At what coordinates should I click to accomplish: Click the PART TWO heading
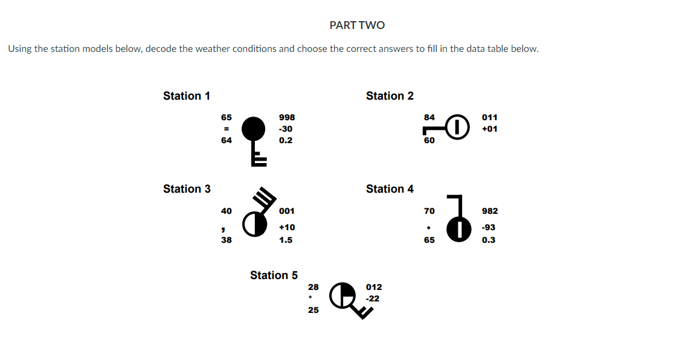click(357, 25)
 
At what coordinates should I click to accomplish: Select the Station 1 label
click(187, 95)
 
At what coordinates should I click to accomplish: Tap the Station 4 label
click(390, 188)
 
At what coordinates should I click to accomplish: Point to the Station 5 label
click(274, 275)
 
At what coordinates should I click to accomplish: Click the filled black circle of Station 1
click(253, 128)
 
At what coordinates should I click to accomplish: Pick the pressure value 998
click(287, 117)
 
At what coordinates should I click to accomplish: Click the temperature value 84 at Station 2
click(429, 117)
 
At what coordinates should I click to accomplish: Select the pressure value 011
click(490, 117)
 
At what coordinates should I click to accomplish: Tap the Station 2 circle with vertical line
click(458, 126)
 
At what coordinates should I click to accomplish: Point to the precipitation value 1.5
click(286, 240)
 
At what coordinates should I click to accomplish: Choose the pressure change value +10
click(287, 227)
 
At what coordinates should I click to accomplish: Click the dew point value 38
click(226, 240)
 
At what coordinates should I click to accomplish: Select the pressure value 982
click(490, 211)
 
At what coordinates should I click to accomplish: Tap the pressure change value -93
click(489, 227)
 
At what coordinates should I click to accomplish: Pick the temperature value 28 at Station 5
click(313, 287)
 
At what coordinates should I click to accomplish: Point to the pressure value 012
click(374, 287)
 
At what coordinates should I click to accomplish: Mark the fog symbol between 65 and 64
click(226, 129)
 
